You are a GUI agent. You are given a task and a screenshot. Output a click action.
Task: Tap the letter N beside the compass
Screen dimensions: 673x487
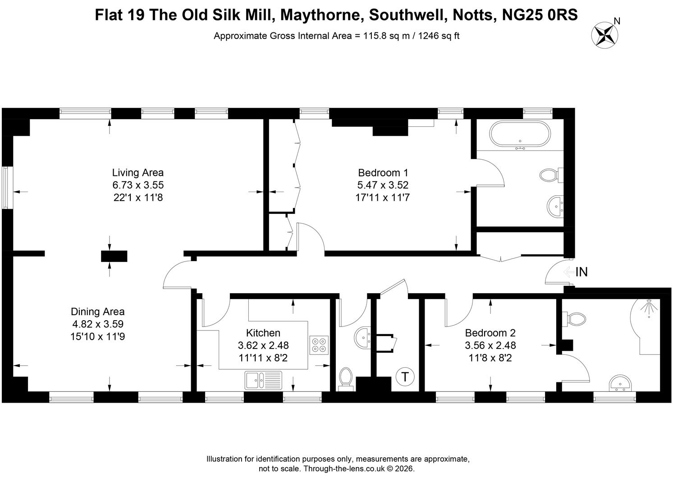617,21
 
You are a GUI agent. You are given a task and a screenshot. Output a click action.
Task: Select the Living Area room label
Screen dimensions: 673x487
138,173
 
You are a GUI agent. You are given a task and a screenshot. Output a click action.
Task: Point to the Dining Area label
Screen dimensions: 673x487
98,312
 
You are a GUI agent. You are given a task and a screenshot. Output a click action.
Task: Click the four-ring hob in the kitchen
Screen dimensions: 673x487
319,345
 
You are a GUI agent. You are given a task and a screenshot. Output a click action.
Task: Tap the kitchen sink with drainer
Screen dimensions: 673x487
263,380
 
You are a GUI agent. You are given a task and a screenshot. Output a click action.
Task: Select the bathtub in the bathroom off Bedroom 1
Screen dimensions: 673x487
520,134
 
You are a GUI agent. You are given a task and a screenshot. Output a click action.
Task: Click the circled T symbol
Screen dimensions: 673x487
405,377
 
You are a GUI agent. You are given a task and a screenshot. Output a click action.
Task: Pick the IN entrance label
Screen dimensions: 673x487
581,272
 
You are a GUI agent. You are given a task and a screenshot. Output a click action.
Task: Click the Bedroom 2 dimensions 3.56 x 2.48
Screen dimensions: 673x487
490,345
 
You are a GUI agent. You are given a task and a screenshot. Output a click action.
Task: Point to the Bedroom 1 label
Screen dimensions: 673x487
383,173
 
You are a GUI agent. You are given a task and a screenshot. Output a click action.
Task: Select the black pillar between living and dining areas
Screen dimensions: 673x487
114,256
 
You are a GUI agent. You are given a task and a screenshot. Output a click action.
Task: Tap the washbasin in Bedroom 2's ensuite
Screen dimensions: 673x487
620,383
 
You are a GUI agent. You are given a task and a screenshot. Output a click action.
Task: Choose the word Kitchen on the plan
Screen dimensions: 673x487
263,333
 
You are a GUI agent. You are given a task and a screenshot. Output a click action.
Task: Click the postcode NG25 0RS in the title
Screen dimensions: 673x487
540,15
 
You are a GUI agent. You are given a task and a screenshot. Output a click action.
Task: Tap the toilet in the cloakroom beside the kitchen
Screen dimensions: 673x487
346,379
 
